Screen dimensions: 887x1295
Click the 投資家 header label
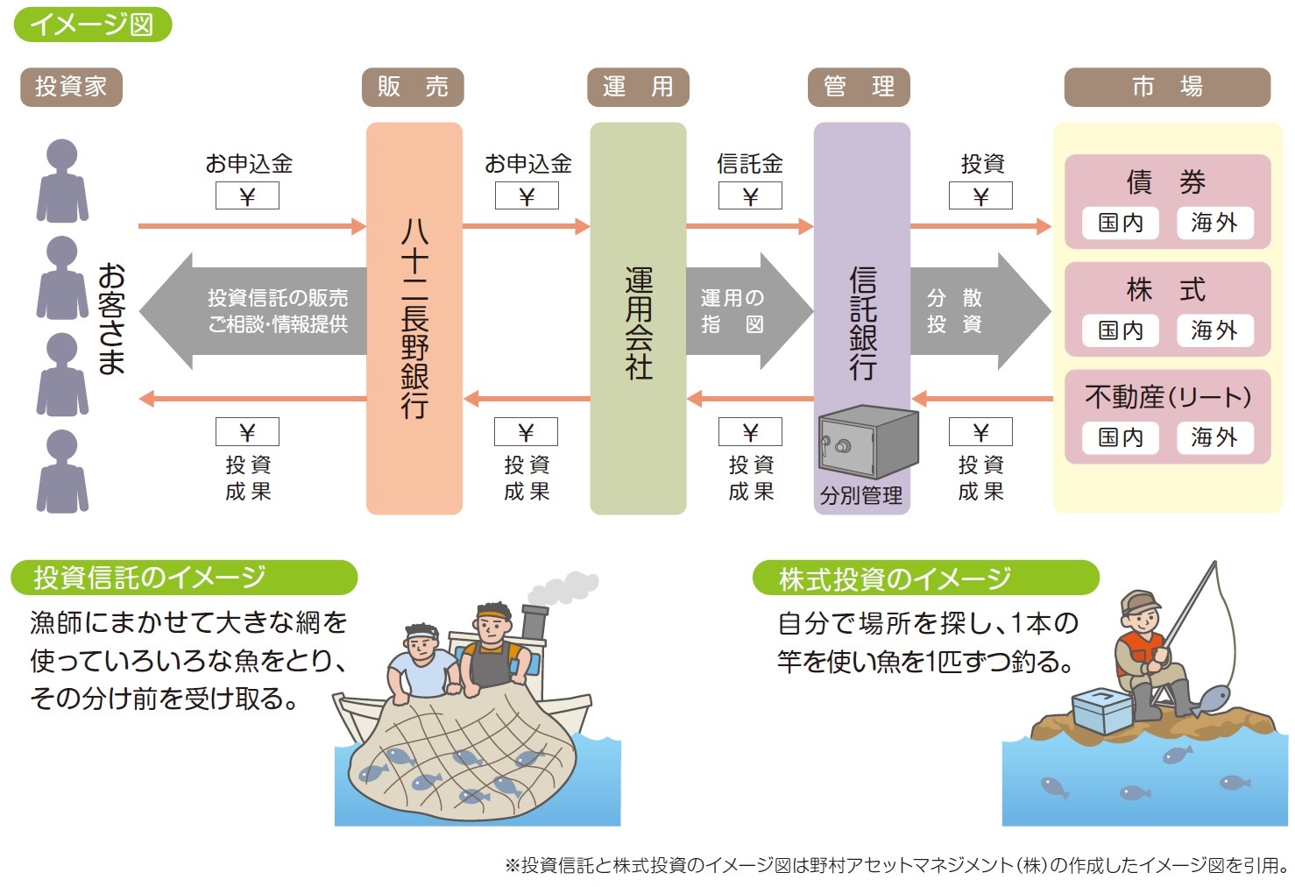tap(71, 87)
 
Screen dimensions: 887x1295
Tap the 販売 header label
tap(413, 87)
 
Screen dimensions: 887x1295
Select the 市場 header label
tap(1166, 87)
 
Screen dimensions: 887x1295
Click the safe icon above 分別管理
tap(867, 443)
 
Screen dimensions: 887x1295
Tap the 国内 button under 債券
tap(1121, 223)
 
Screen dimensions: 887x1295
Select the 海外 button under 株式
tap(1214, 330)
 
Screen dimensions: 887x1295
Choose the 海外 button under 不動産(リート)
tap(1214, 437)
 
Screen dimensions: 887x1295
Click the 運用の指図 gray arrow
tap(746, 311)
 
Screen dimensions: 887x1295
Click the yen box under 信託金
tap(750, 196)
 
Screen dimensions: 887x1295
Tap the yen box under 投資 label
tap(980, 196)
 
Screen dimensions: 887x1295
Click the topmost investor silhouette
tap(62, 181)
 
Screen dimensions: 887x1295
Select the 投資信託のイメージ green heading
tap(184, 578)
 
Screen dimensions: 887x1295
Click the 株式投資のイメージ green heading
tap(925, 578)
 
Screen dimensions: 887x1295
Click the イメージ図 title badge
tap(92, 24)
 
